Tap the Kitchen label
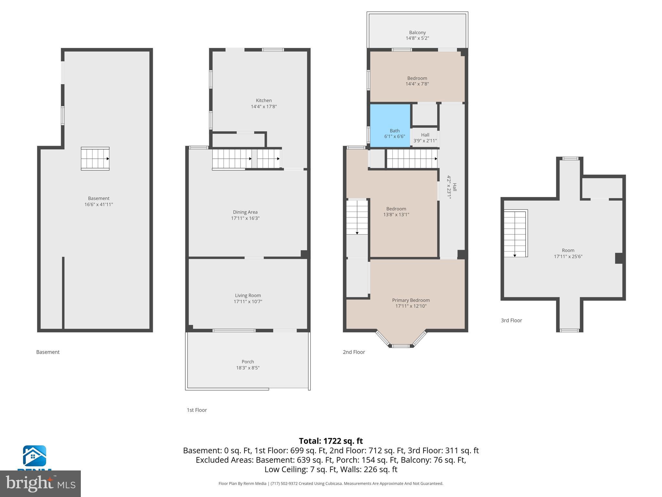(264, 101)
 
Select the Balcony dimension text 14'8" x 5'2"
(417, 38)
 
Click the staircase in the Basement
(95, 159)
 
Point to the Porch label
(248, 362)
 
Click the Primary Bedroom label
(411, 300)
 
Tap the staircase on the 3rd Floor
(515, 233)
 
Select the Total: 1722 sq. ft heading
(331, 441)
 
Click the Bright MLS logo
(40, 483)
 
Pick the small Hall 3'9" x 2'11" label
(425, 138)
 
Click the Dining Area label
(245, 212)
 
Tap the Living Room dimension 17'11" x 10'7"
(248, 302)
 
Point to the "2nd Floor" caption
(354, 352)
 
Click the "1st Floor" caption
(197, 410)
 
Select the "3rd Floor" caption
(511, 320)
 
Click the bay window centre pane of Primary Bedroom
(401, 346)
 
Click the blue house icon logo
(34, 456)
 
